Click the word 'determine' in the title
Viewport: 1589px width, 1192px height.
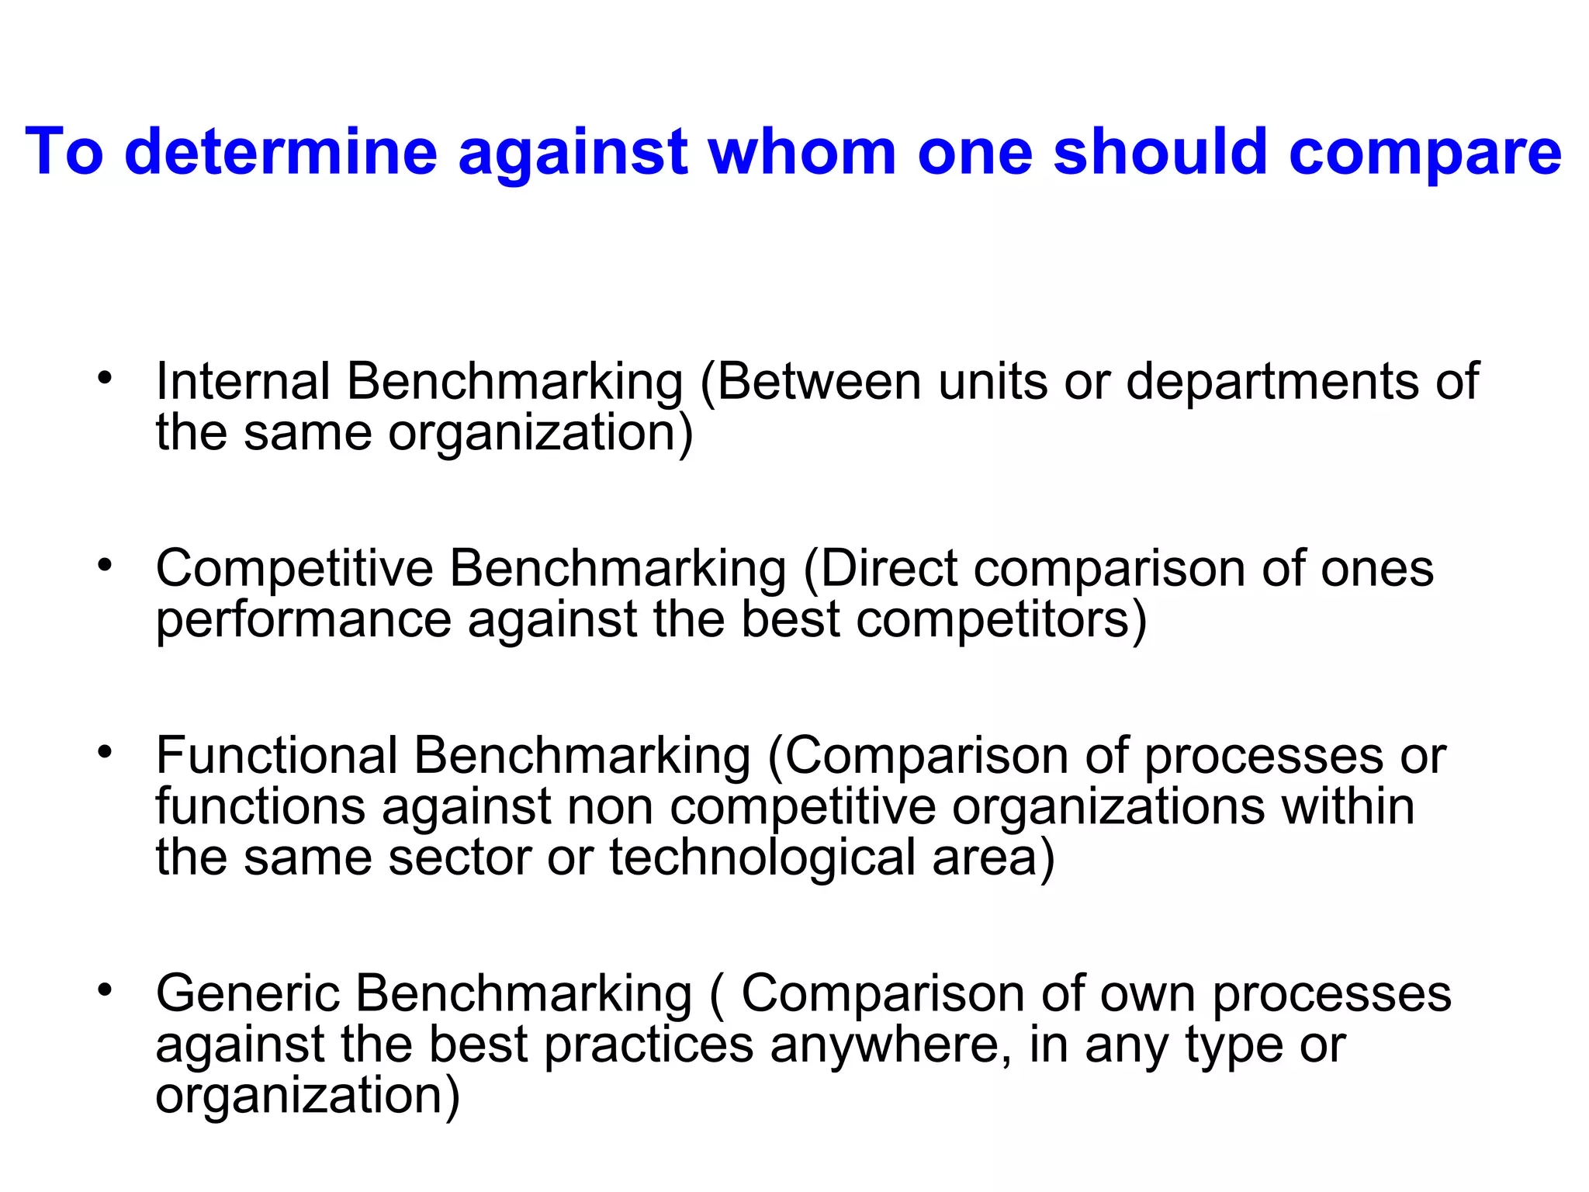click(281, 151)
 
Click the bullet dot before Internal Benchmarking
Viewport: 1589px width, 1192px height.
click(106, 379)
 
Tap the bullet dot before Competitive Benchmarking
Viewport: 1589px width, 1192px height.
click(106, 566)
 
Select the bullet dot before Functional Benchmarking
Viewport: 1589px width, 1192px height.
click(106, 752)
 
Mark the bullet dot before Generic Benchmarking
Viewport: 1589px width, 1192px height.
click(106, 989)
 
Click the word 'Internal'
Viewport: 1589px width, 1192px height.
click(243, 382)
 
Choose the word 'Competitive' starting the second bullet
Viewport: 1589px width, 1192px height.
click(295, 570)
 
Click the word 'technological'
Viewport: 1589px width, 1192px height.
click(763, 858)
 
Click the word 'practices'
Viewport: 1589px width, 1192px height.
click(649, 1046)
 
